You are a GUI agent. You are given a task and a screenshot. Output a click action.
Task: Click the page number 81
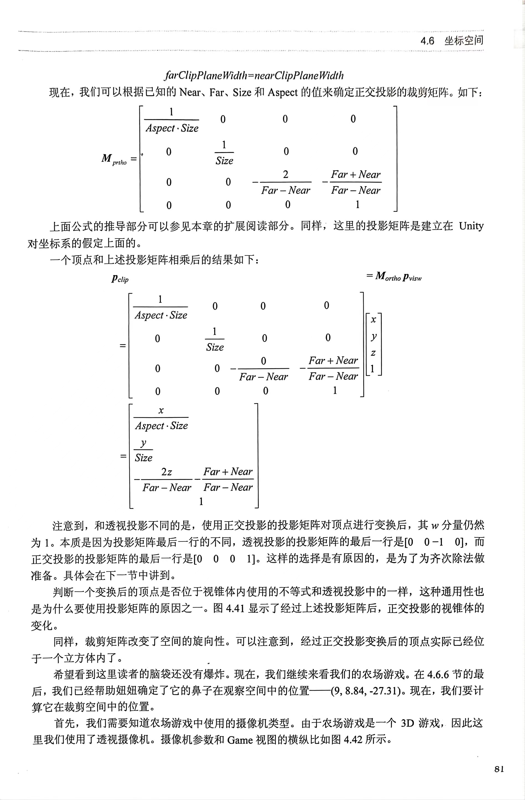click(x=499, y=769)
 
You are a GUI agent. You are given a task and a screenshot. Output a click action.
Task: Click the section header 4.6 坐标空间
click(x=452, y=41)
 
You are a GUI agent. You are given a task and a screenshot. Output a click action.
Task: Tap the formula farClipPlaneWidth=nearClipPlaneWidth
click(x=254, y=75)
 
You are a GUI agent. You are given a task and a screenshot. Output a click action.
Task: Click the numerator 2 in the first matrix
click(x=285, y=174)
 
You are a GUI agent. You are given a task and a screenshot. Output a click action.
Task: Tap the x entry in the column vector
click(x=373, y=320)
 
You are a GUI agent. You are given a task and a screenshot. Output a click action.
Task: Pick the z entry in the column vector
click(x=373, y=353)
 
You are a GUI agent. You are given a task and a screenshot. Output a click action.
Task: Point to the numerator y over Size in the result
click(x=143, y=443)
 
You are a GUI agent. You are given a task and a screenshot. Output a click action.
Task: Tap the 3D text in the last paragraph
click(x=407, y=723)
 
